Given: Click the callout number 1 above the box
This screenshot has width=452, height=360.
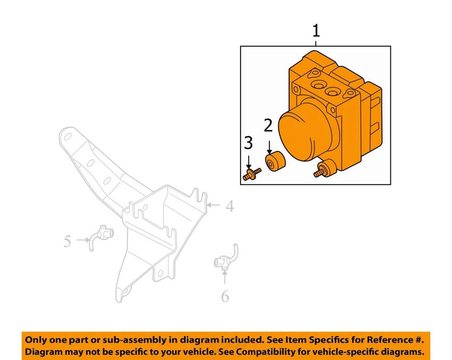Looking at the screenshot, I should point(316,32).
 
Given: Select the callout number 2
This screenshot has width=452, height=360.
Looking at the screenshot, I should point(268,126).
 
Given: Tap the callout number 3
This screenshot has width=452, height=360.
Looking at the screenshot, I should point(248,143).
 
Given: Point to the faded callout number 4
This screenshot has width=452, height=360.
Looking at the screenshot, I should point(229,206).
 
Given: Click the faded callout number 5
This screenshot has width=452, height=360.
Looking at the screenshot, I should point(67,241).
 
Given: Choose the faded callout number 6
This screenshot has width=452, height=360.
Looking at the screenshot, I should point(225,296).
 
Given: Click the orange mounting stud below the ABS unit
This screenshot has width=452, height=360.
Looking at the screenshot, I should point(323,170).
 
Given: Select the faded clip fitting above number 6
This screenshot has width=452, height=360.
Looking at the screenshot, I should point(224,258).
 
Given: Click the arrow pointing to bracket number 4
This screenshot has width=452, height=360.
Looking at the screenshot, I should point(213,205).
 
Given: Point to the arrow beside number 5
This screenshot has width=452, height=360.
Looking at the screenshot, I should point(83,240).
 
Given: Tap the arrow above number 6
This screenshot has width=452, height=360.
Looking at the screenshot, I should point(225,277).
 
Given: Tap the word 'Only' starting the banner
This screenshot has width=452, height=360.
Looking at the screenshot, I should point(35,339).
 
